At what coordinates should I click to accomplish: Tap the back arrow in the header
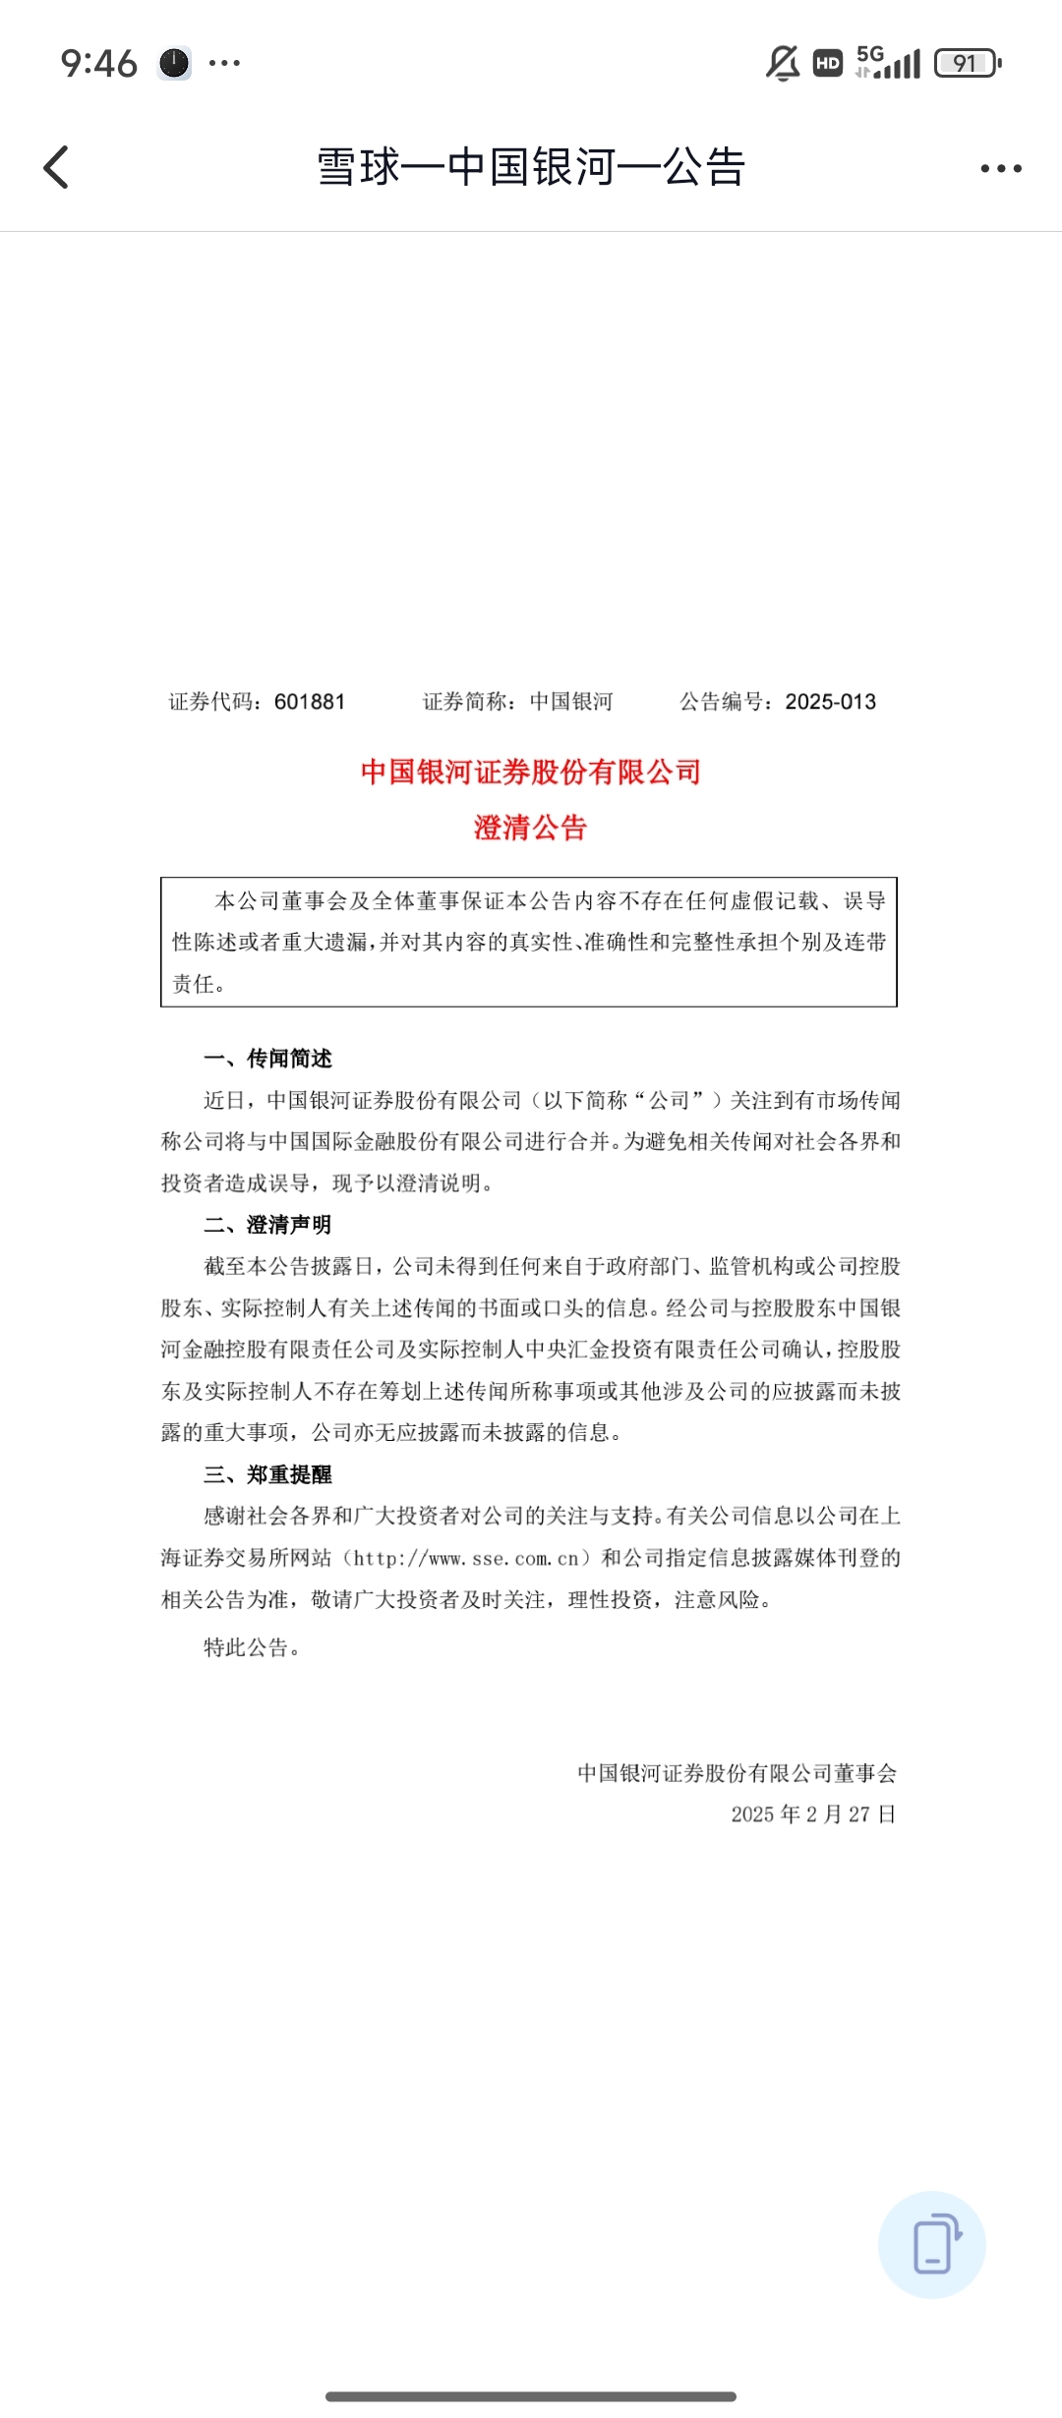(57, 167)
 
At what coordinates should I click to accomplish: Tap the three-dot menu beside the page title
(1000, 168)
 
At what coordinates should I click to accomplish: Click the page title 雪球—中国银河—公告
(531, 167)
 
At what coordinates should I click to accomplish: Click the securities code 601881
(310, 702)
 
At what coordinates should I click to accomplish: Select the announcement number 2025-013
(830, 702)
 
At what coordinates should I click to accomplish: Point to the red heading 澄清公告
(530, 828)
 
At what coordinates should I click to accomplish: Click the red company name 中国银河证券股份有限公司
(530, 773)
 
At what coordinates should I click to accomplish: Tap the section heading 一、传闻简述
(267, 1059)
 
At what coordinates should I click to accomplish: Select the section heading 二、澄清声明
(267, 1225)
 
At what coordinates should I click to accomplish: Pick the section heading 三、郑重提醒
(267, 1474)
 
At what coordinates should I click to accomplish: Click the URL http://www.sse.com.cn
(466, 1558)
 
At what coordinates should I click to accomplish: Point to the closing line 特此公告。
(252, 1647)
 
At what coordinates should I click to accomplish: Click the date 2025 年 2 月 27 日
(813, 1814)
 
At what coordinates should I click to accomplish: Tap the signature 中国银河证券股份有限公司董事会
(737, 1773)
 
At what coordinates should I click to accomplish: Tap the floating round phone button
(931, 2245)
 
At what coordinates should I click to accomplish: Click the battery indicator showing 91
(967, 64)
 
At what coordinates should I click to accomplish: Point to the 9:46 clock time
(98, 64)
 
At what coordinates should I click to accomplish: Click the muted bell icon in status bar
(783, 64)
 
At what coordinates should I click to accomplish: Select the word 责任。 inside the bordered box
(199, 984)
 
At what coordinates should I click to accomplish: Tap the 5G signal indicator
(888, 62)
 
